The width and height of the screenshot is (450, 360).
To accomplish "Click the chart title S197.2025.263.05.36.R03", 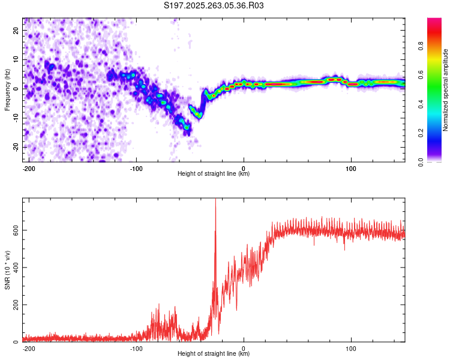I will tap(214, 5).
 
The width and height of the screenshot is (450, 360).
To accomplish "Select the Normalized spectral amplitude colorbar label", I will tap(445, 90).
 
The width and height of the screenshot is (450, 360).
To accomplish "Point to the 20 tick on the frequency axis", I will tap(16, 30).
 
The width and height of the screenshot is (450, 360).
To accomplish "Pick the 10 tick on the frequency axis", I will tap(16, 59).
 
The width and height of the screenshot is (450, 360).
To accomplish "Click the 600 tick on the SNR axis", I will tap(14, 230).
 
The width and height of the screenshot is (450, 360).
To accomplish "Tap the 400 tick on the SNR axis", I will tap(14, 268).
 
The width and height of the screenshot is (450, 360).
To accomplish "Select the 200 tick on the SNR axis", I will tap(14, 305).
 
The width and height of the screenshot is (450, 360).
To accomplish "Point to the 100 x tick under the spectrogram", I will tap(351, 168).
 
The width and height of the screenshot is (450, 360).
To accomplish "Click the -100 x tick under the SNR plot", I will tap(136, 348).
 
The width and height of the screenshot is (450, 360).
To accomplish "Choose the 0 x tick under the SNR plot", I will tap(244, 348).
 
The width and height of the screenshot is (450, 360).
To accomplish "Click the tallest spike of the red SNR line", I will tap(215, 200).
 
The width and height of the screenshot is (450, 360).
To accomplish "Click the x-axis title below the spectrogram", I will tap(214, 174).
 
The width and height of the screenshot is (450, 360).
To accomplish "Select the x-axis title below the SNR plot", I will tap(214, 354).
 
